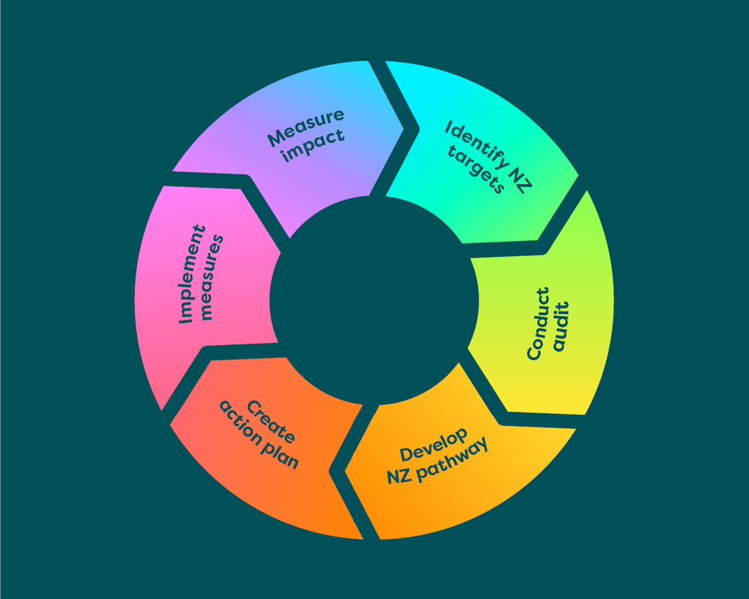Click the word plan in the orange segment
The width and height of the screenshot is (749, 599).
(284, 456)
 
